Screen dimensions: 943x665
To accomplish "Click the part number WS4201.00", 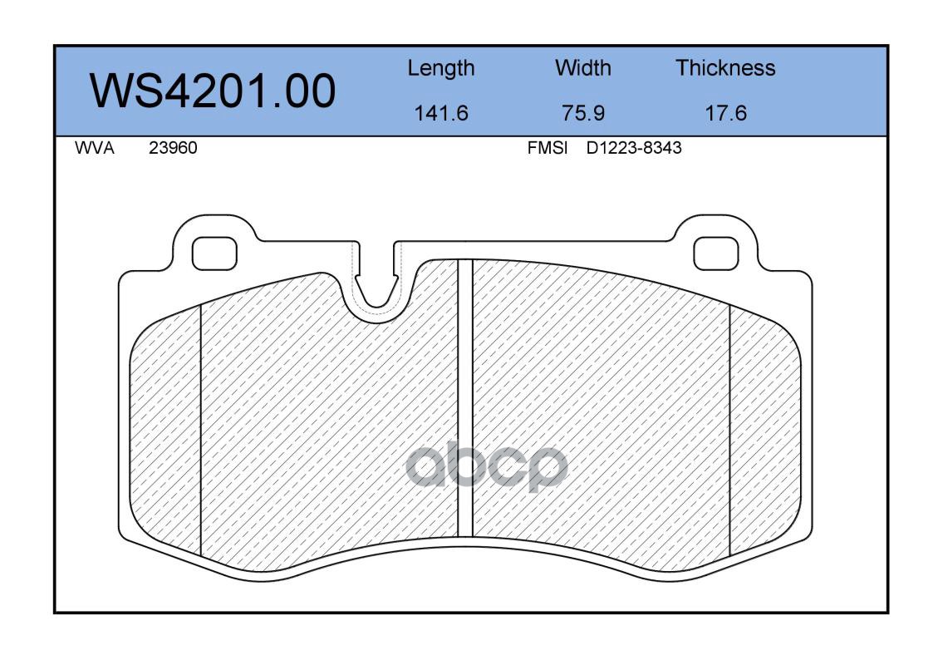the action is click(213, 91).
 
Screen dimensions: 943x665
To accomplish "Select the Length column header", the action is click(441, 69).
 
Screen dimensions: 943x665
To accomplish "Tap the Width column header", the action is click(582, 67).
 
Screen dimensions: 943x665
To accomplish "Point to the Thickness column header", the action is click(725, 67).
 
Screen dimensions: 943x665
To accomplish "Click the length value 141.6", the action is click(441, 113).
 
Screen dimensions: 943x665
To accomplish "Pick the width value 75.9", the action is click(582, 113).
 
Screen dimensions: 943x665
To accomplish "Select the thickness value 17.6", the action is click(725, 113).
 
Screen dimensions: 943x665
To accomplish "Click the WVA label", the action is click(95, 148).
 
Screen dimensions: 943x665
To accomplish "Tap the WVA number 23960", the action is click(173, 148).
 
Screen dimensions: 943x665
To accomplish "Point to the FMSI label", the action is click(548, 148).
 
